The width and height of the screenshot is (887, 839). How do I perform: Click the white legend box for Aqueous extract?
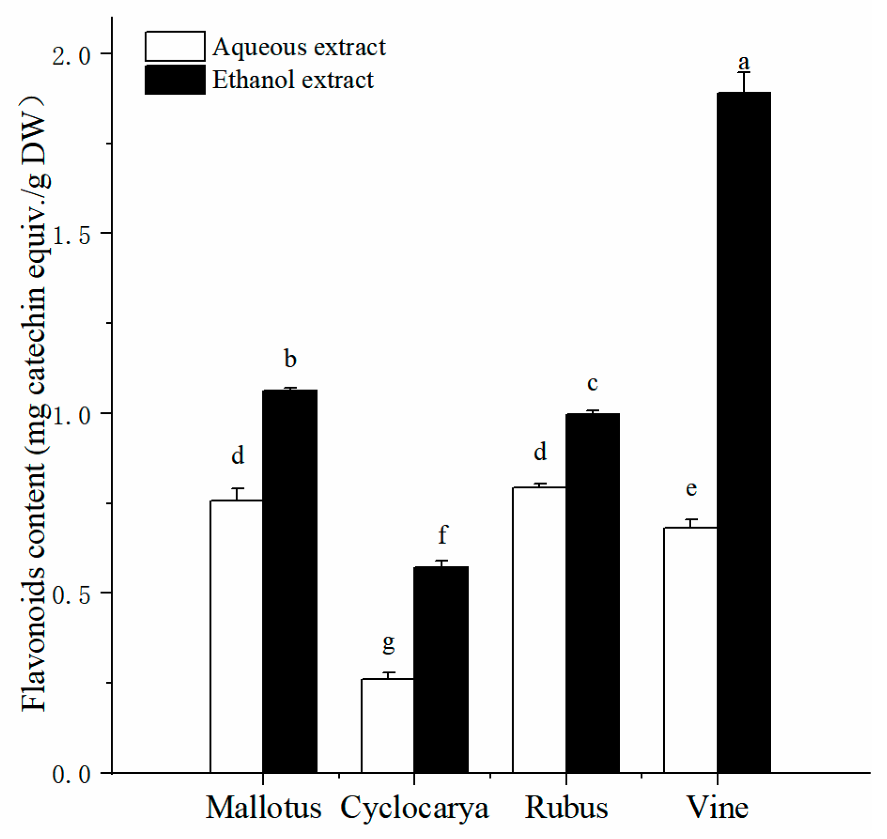pos(175,46)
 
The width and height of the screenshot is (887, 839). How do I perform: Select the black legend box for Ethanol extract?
pos(175,80)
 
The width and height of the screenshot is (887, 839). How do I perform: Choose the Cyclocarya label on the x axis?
pos(414,808)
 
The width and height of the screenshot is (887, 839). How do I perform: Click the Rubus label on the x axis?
pos(566,808)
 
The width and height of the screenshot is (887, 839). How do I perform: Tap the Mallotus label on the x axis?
pos(263,808)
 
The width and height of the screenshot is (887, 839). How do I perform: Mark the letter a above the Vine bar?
pos(744,62)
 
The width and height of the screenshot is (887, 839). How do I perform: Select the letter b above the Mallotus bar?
pos(290,359)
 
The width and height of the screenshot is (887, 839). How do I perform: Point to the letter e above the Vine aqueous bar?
pos(691,488)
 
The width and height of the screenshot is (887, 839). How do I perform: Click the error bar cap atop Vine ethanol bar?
pos(744,72)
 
